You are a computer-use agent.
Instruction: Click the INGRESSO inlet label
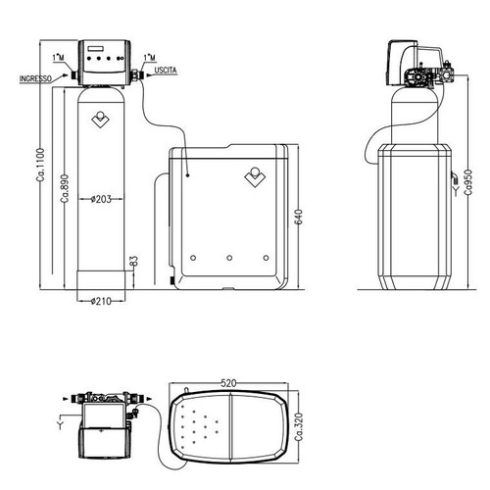click(x=35, y=79)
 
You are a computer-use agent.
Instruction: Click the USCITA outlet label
click(x=166, y=71)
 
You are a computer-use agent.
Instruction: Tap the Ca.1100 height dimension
click(x=40, y=165)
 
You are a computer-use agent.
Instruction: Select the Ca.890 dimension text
click(x=65, y=188)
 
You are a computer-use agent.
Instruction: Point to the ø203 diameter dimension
click(x=101, y=199)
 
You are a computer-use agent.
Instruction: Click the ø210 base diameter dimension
click(x=101, y=301)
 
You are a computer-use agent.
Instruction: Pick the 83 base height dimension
click(x=134, y=261)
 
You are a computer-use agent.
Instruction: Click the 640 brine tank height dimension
click(x=299, y=217)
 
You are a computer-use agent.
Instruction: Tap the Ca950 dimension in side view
click(x=468, y=182)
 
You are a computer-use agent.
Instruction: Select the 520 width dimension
click(x=228, y=383)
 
